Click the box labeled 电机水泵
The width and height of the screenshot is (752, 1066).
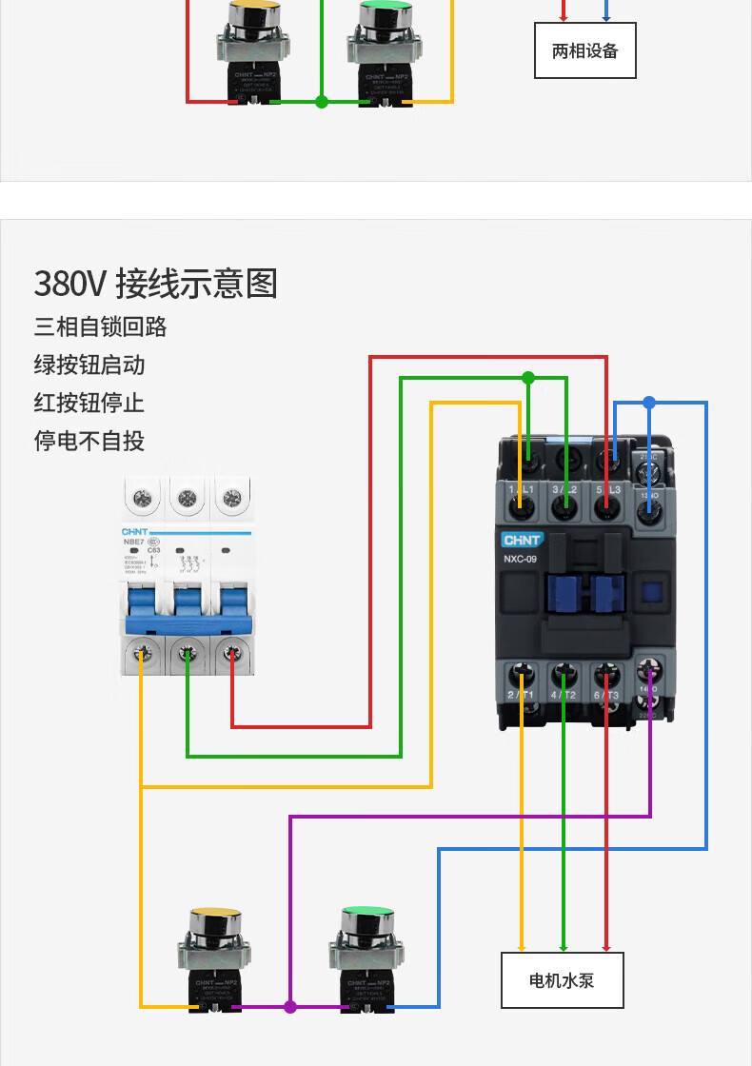pyautogui.click(x=562, y=979)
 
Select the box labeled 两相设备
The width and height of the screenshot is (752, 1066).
pyautogui.click(x=584, y=51)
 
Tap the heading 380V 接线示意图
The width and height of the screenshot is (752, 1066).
pyautogui.click(x=156, y=284)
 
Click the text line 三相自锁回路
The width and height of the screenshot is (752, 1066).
pyautogui.click(x=101, y=326)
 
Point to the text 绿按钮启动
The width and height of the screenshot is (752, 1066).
pyautogui.click(x=89, y=365)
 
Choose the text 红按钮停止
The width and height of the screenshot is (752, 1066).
pyautogui.click(x=89, y=403)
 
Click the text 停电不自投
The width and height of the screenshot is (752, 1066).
pyautogui.click(x=89, y=441)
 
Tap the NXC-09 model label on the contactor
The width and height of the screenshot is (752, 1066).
pyautogui.click(x=521, y=559)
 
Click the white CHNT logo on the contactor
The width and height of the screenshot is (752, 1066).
pyautogui.click(x=523, y=540)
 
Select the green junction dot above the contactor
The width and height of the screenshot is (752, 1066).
pyautogui.click(x=528, y=378)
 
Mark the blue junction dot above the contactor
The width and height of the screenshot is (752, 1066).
pyautogui.click(x=649, y=403)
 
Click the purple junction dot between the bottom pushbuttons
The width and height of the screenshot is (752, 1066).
pyautogui.click(x=290, y=1006)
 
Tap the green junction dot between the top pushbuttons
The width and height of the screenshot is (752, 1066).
pyautogui.click(x=322, y=101)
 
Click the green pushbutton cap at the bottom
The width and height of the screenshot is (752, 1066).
pyautogui.click(x=367, y=919)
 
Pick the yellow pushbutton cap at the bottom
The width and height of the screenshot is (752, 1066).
pyautogui.click(x=215, y=919)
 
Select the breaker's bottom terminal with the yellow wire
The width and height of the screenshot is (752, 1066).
pyautogui.click(x=144, y=654)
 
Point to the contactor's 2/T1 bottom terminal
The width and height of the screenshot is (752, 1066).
pyautogui.click(x=522, y=676)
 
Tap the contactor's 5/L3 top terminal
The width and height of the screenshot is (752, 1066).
pyautogui.click(x=605, y=506)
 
